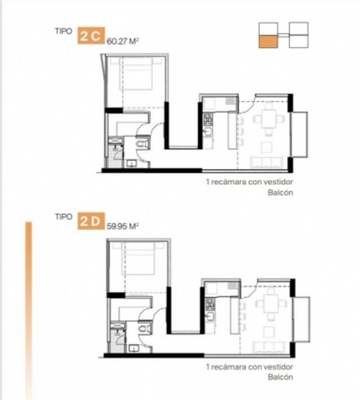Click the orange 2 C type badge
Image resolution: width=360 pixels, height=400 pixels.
coord(91,36)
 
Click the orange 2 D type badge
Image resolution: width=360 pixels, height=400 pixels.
coord(91,221)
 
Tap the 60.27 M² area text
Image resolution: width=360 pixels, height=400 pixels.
coord(123,41)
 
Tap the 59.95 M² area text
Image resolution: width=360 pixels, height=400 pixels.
coord(123,226)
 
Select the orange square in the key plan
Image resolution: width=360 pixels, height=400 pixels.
coord(268,42)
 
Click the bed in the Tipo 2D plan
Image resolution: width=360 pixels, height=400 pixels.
coord(139,258)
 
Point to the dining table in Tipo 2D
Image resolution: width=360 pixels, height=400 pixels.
coord(271,303)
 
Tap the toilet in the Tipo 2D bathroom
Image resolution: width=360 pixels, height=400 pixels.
coord(143,328)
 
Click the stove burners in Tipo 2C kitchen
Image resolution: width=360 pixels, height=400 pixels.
coord(208,119)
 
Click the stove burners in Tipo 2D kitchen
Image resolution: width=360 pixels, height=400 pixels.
coord(211,304)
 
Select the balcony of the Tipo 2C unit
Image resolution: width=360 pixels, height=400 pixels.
coord(300,134)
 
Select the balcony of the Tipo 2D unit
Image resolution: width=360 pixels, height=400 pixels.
coord(302,319)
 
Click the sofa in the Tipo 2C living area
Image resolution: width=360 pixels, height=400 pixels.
coord(266,162)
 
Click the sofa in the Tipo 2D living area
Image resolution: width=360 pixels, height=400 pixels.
coord(268,347)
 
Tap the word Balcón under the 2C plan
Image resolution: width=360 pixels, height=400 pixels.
coord(281,192)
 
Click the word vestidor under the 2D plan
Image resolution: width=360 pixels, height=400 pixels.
coord(279,366)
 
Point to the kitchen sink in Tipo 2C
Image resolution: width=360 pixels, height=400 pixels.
coord(208,131)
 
